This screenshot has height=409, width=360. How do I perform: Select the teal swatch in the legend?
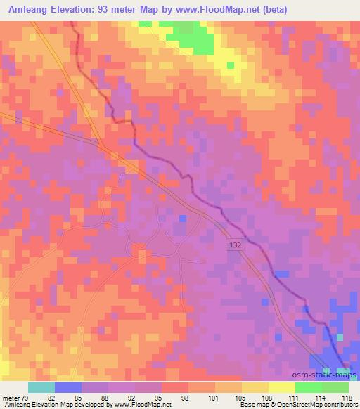pyautogui.click(x=42, y=387)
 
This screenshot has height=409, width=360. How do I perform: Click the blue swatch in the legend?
pyautogui.click(x=69, y=387)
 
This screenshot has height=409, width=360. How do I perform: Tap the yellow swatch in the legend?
pyautogui.click(x=282, y=387)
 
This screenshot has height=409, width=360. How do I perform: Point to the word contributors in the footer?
pyautogui.click(x=341, y=405)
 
